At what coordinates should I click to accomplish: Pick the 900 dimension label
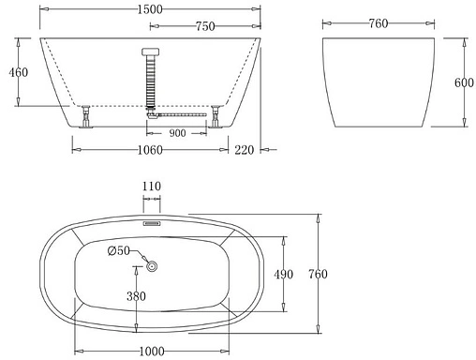(177, 132)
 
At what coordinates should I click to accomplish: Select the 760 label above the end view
(379, 24)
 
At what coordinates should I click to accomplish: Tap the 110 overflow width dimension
(152, 187)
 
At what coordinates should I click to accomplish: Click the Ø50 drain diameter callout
(119, 250)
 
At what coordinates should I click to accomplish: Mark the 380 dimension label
(137, 297)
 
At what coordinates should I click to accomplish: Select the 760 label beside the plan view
(319, 274)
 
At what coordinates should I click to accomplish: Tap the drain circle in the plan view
(153, 267)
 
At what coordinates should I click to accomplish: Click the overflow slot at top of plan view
(152, 224)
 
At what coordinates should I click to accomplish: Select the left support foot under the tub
(86, 116)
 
